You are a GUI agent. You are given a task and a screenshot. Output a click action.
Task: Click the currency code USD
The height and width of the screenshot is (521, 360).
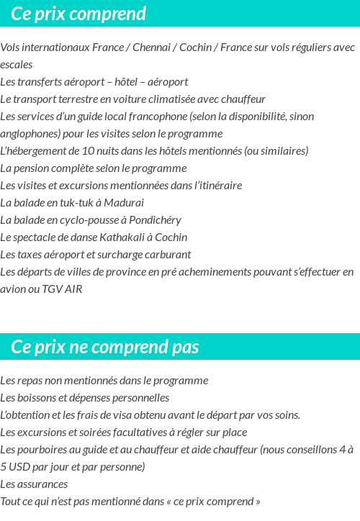pos(23,466)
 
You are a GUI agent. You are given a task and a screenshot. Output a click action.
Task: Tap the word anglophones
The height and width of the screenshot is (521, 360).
pos(30,134)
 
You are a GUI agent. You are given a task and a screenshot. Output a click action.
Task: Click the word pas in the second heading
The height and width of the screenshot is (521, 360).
pos(185,347)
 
